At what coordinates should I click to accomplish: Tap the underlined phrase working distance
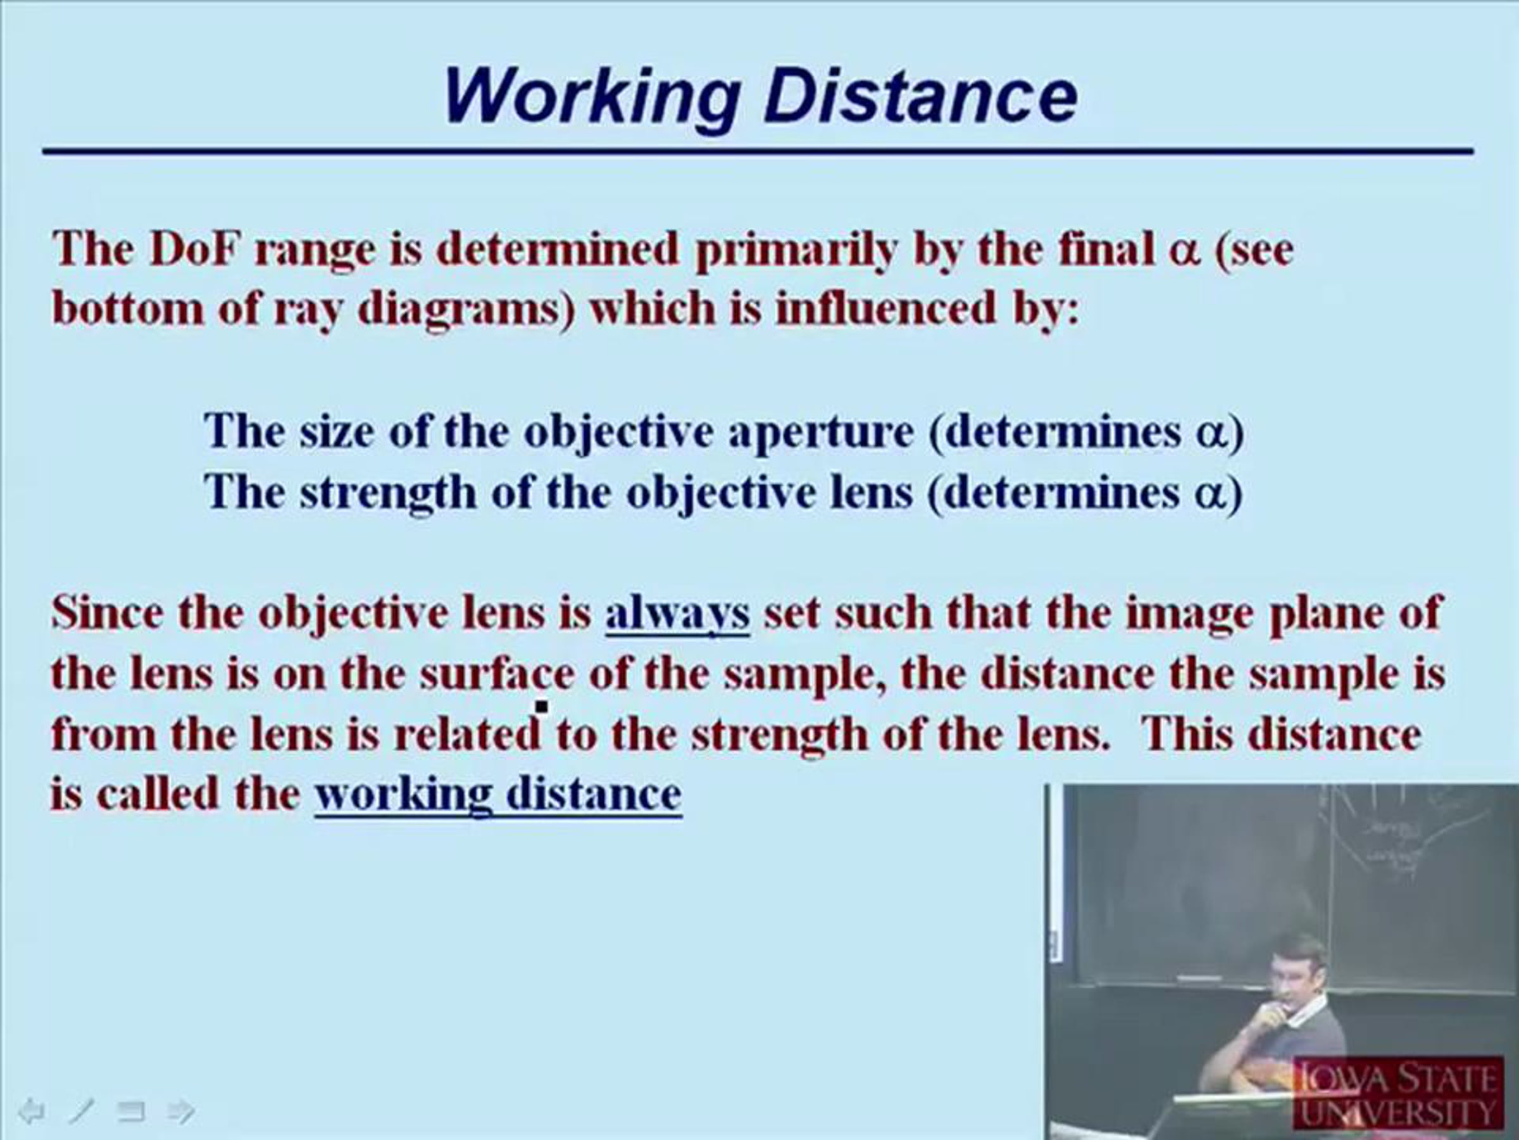pyautogui.click(x=498, y=795)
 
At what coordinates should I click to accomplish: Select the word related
pyautogui.click(x=467, y=734)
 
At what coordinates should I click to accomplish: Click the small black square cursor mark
pyautogui.click(x=542, y=706)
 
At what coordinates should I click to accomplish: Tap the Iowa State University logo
pyautogui.click(x=1398, y=1093)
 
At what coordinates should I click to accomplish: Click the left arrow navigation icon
pyautogui.click(x=30, y=1111)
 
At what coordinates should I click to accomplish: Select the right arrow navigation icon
pyautogui.click(x=181, y=1111)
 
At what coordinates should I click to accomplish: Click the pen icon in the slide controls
pyautogui.click(x=81, y=1111)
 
